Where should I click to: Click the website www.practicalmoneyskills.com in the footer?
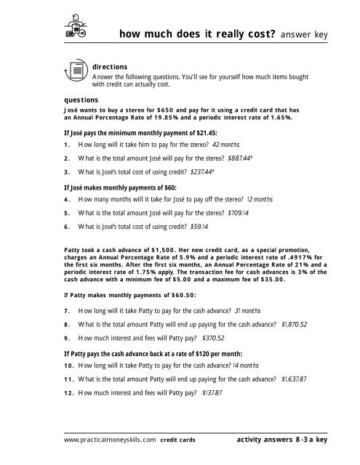tap(110, 440)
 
